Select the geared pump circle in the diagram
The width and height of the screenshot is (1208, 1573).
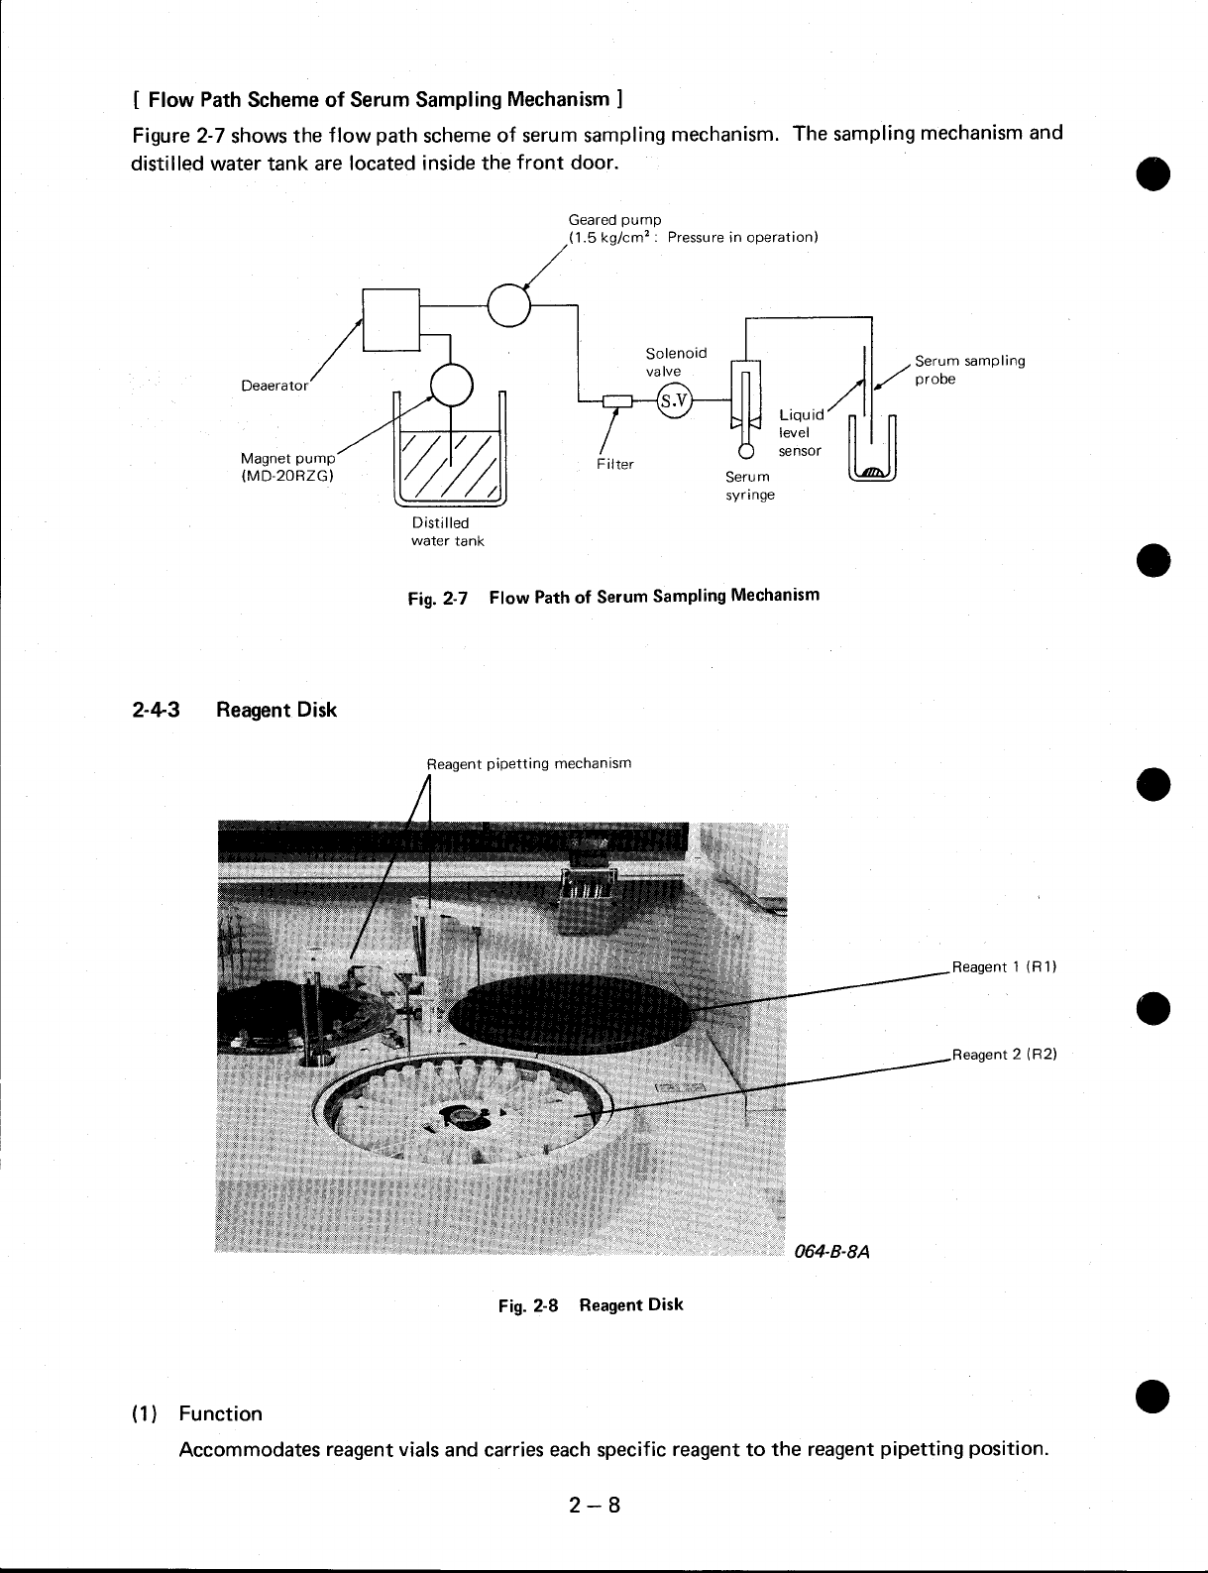[510, 304]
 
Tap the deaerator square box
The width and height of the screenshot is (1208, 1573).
[391, 318]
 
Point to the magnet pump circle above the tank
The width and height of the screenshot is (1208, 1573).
[453, 385]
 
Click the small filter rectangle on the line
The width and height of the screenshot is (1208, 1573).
[618, 400]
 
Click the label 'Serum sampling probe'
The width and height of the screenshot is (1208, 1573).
[968, 370]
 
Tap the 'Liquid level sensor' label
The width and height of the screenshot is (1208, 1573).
[800, 432]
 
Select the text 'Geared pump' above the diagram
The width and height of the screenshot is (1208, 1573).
[614, 219]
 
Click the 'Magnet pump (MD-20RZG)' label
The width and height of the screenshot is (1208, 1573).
[288, 466]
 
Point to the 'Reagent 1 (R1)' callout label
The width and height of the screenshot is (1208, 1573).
[1004, 966]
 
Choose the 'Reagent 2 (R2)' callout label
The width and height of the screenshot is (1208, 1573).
[1004, 1055]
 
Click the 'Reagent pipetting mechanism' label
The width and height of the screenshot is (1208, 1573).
[528, 763]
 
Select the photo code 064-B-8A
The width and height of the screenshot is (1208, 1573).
[831, 1251]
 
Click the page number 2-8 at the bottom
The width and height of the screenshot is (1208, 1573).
[595, 1506]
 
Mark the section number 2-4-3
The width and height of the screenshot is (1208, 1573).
[156, 710]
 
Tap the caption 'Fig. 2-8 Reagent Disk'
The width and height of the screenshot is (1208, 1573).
[591, 1304]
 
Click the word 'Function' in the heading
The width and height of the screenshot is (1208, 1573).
[220, 1413]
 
